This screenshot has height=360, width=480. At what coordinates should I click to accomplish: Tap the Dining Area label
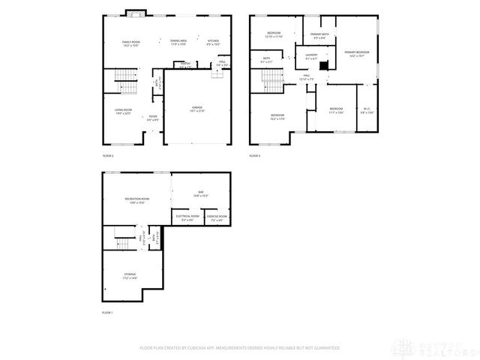click(x=178, y=40)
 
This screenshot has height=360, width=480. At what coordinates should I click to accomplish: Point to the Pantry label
click(x=185, y=64)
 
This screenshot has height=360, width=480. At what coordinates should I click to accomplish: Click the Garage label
click(x=196, y=108)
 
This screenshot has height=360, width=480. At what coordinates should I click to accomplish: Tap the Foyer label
click(x=153, y=116)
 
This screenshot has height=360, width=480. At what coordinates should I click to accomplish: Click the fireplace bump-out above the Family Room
click(x=135, y=13)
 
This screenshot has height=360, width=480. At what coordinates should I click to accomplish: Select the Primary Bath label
click(x=319, y=34)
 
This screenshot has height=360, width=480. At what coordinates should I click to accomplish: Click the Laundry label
click(x=311, y=55)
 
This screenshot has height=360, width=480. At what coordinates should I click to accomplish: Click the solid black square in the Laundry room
click(x=323, y=65)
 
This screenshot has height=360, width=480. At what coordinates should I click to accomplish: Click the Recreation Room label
click(x=136, y=199)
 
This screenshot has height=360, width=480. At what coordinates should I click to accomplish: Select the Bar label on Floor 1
click(x=201, y=193)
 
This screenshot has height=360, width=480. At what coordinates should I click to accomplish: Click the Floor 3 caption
click(x=255, y=156)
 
